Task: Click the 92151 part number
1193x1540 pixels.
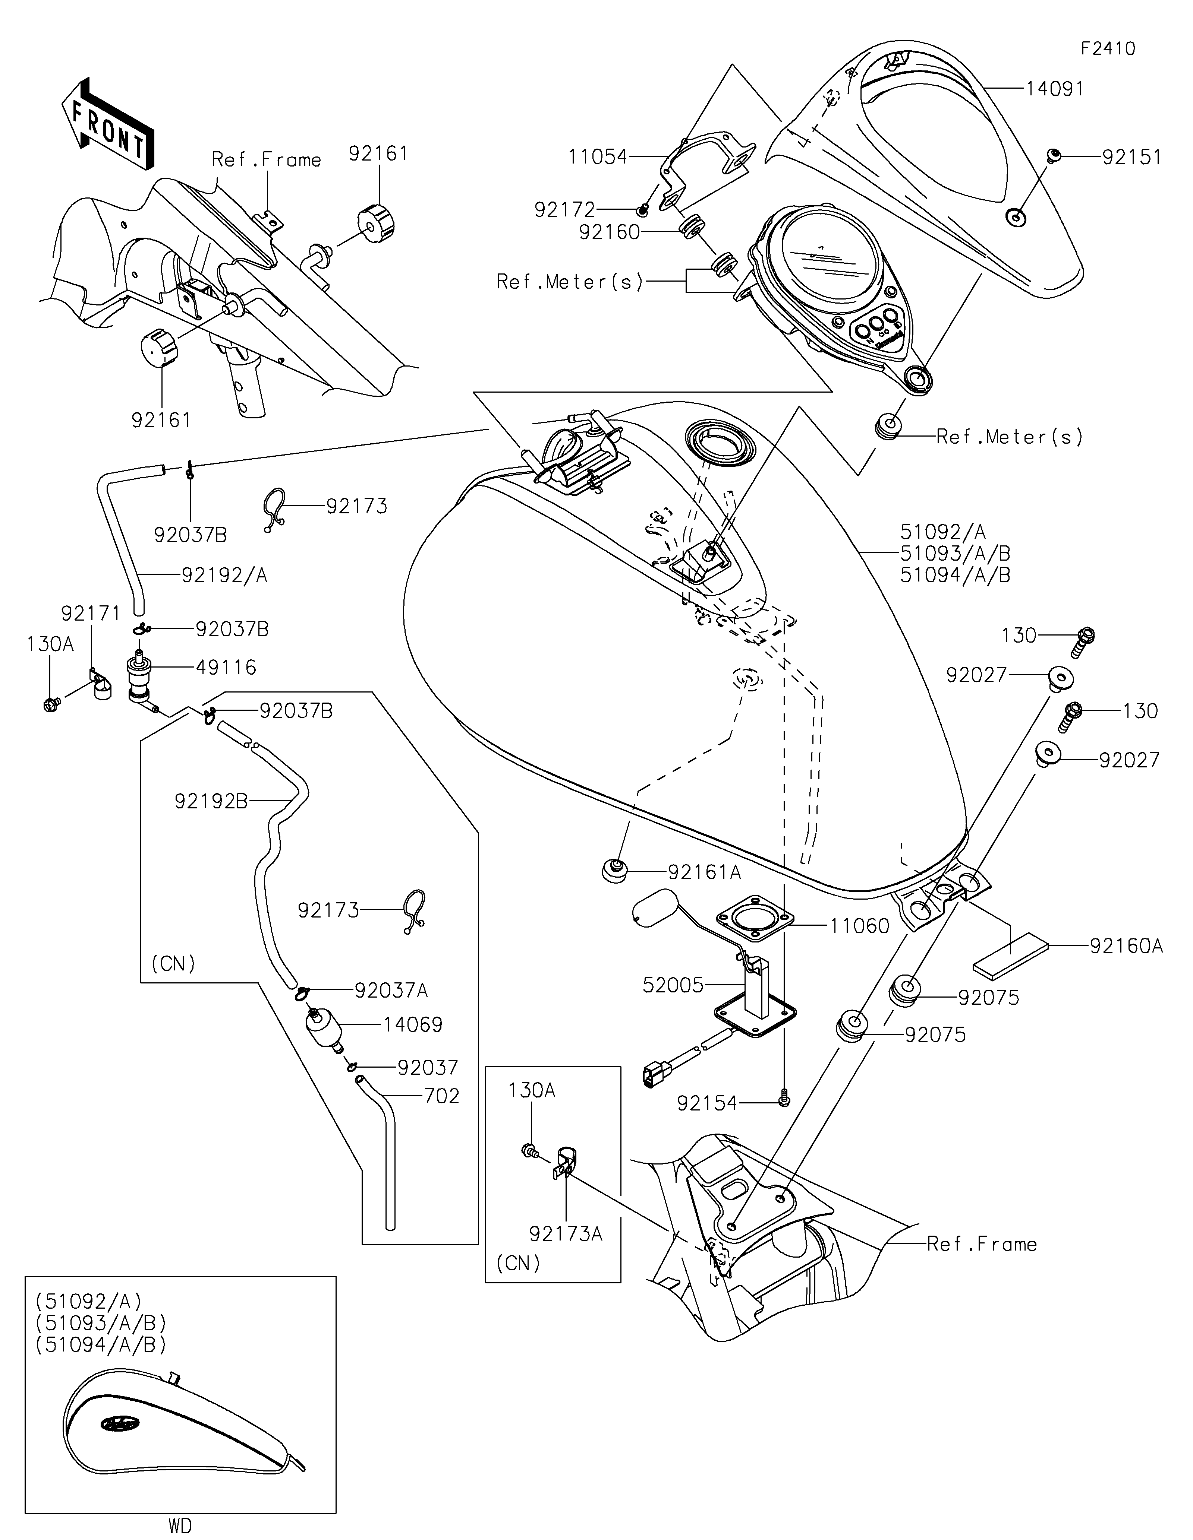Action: coord(1131,157)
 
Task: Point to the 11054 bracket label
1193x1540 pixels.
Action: coord(598,156)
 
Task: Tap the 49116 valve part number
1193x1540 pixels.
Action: coord(226,667)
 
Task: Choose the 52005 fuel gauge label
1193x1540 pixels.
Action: coord(673,985)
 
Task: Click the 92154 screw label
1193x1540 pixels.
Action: coord(707,1103)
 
